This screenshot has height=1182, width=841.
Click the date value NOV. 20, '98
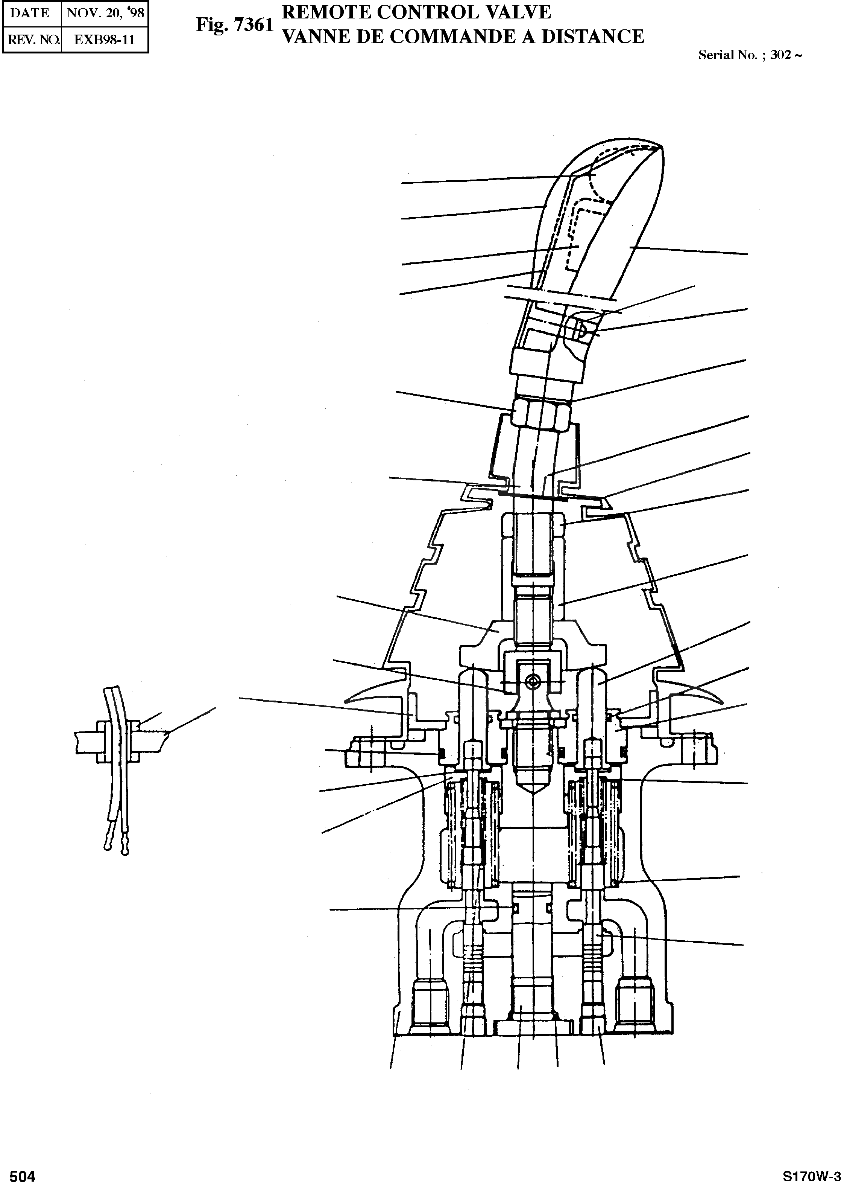[105, 12]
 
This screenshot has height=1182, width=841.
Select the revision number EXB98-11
[105, 40]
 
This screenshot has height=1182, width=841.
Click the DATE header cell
[30, 12]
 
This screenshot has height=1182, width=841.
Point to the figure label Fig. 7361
[234, 25]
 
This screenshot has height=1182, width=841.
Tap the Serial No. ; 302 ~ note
[750, 55]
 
